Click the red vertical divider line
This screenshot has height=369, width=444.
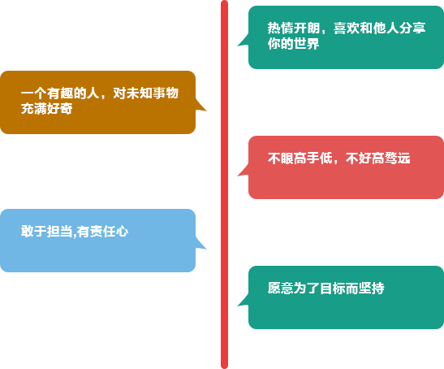click(224, 184)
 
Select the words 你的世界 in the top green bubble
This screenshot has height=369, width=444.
click(293, 44)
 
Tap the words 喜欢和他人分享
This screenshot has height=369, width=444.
click(379, 28)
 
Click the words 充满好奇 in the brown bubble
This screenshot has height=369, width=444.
click(46, 109)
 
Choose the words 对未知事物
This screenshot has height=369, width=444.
click(145, 93)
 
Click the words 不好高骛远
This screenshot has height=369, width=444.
click(377, 158)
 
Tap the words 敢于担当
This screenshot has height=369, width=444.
click(46, 231)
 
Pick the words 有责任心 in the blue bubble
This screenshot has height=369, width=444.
click(102, 231)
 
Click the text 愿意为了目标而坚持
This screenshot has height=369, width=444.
click(326, 289)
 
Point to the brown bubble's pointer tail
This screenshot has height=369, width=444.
click(200, 105)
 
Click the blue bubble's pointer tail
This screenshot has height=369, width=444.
click(200, 243)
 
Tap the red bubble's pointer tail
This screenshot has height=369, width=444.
click(244, 170)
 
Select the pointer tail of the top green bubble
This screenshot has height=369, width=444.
click(244, 40)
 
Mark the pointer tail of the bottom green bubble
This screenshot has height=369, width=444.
click(244, 301)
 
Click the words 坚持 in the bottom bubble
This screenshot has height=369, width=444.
click(372, 289)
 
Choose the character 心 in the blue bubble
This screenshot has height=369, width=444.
click(122, 231)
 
